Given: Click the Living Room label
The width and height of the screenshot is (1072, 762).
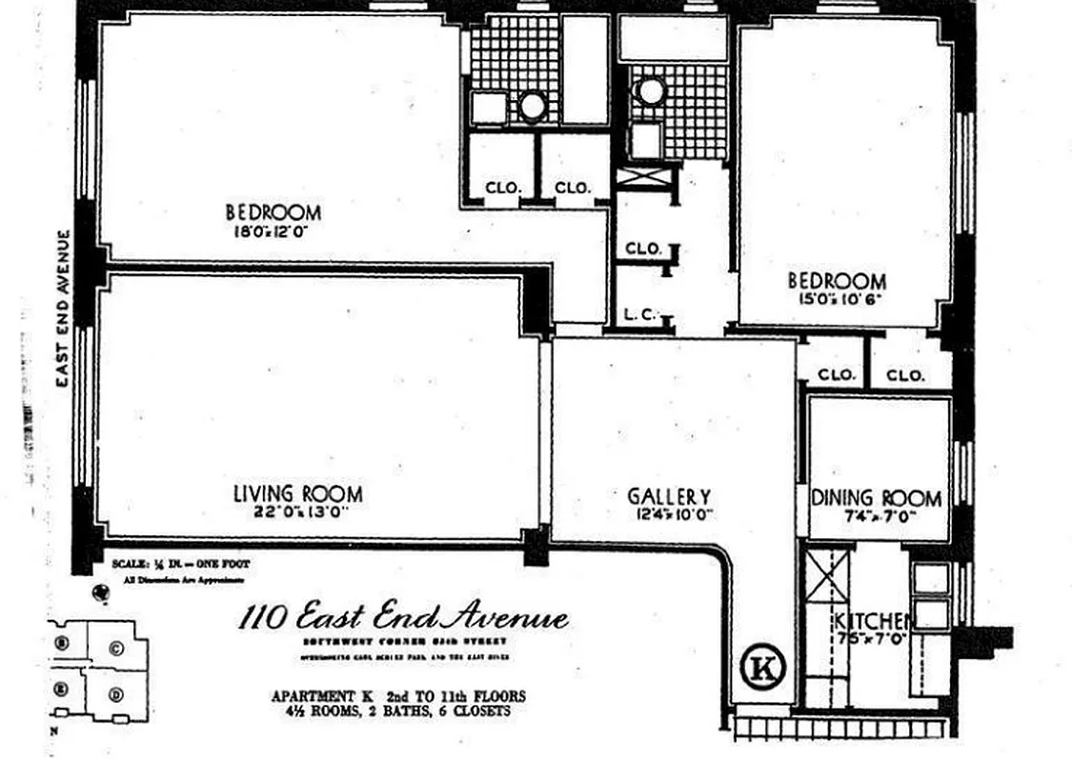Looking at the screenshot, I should [x=297, y=493].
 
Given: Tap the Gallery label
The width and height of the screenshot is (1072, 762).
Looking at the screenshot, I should [x=668, y=496].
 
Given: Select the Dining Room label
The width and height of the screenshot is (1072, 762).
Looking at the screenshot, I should [x=876, y=498].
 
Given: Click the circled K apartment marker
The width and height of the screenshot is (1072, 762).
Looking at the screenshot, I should [x=763, y=669].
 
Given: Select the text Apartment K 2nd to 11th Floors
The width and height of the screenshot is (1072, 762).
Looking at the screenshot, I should [x=397, y=696].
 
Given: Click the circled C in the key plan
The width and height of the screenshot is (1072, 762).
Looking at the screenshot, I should [x=116, y=649].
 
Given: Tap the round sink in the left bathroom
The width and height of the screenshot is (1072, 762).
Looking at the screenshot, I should [x=532, y=106].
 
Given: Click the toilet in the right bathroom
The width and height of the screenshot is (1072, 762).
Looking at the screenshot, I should [x=651, y=91].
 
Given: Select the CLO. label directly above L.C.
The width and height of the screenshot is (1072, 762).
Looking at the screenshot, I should [x=643, y=249].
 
